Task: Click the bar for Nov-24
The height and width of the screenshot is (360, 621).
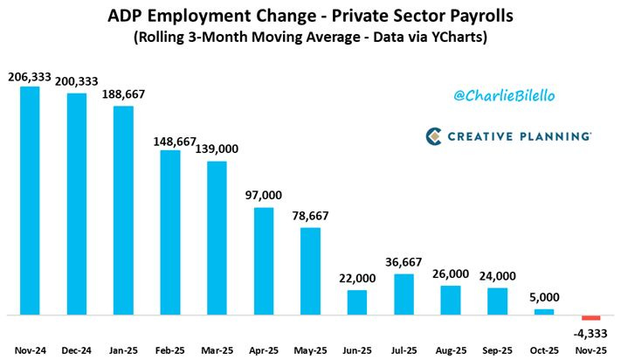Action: click(31, 200)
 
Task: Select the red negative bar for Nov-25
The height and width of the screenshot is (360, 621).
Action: click(590, 318)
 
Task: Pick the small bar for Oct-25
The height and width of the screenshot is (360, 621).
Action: click(544, 311)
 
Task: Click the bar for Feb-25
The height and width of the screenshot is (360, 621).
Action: click(170, 232)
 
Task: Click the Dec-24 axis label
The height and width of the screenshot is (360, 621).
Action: click(77, 350)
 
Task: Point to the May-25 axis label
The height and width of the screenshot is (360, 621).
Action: click(310, 350)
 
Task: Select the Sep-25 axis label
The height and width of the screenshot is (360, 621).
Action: click(497, 350)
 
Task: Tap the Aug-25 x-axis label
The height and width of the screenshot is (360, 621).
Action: click(451, 350)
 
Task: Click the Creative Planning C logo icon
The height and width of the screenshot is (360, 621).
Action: click(436, 136)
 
